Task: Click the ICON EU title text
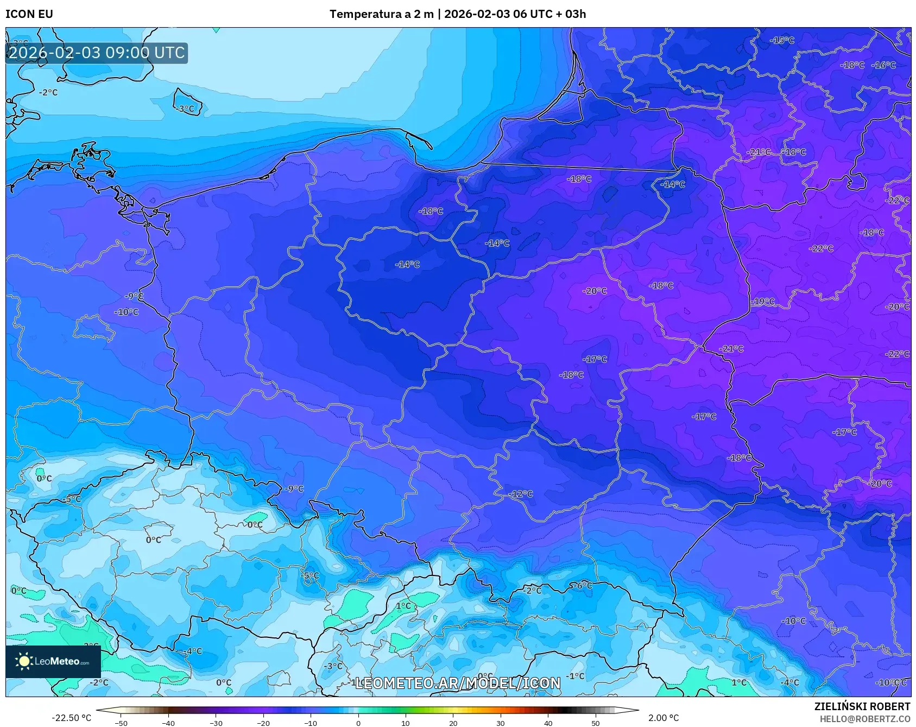29,14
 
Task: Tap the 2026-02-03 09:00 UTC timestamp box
97,53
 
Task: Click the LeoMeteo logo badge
53,661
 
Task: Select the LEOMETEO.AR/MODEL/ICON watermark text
457,683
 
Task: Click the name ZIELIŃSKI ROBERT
862,706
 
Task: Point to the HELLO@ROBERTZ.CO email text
864,719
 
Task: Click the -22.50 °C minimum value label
71,718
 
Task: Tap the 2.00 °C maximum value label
664,718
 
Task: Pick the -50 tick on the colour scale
121,723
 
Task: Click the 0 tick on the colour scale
358,723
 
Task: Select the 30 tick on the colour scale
500,723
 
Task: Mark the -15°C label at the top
782,40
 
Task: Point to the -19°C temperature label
763,302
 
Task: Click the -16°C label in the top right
883,65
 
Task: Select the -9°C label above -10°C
134,296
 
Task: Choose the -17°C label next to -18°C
595,359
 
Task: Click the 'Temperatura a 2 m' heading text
381,14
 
